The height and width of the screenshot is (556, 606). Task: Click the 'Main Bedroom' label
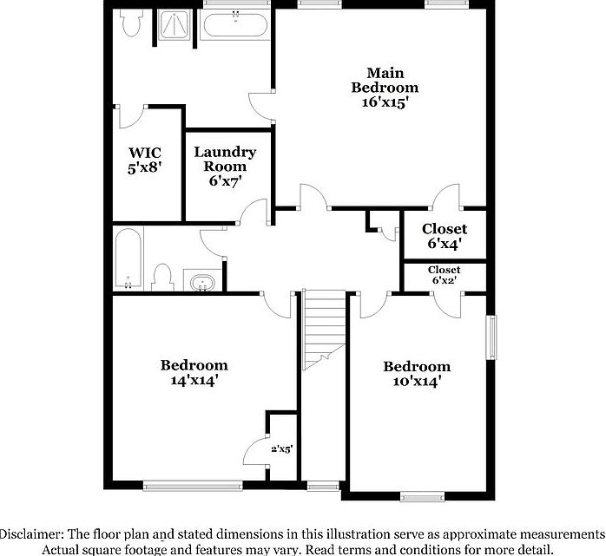(385, 80)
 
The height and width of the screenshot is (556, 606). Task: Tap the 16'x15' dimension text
(385, 101)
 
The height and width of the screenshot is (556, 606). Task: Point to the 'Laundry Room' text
(225, 159)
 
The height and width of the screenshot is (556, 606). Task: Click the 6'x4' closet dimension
(444, 245)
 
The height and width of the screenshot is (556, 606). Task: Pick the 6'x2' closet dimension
(444, 282)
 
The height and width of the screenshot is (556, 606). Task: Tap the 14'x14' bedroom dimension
(194, 380)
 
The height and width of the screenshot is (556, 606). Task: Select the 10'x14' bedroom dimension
(417, 381)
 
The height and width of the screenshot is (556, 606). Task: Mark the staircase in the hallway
(324, 328)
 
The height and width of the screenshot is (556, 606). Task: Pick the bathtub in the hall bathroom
(128, 258)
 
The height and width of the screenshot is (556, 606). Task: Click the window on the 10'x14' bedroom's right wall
(491, 337)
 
